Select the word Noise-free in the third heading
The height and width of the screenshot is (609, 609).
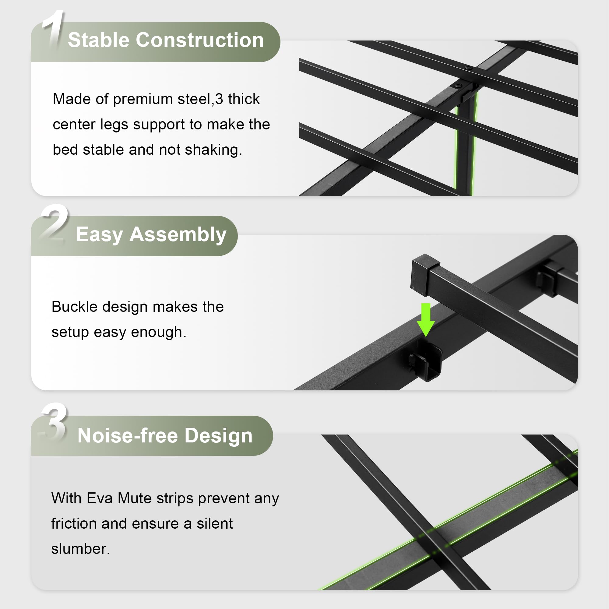pos(128,436)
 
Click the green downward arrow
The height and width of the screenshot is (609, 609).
pos(426,320)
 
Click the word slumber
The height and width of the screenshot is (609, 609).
pos(81,549)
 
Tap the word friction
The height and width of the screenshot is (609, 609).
pos(74,523)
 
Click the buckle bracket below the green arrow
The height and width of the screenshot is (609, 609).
pos(426,361)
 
